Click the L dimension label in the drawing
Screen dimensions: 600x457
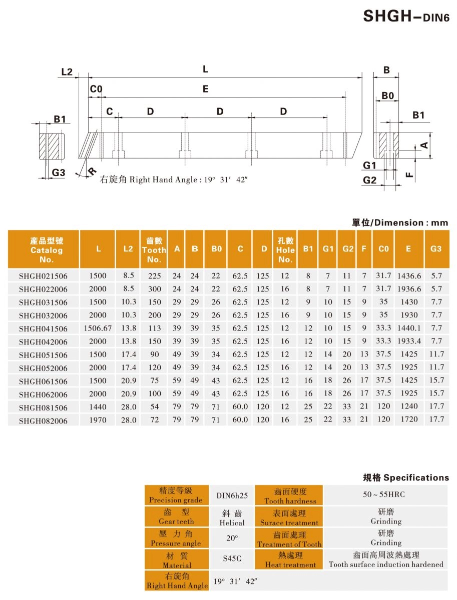pos(205,69)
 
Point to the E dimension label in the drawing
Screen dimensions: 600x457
pos(205,89)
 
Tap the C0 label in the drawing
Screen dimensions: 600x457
pos(96,89)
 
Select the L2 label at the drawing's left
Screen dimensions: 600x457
pos(67,72)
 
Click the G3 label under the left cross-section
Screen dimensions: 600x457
pos(59,172)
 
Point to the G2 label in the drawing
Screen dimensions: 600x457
pos(369,180)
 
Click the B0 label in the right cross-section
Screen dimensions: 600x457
pos(387,95)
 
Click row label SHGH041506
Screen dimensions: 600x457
pos(43,328)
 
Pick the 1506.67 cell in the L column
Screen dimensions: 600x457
pos(98,328)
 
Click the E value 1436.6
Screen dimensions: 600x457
pos(409,275)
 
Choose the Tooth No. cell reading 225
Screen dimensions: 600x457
pos(154,275)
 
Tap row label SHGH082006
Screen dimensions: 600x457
pos(43,420)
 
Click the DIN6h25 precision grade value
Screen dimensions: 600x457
pos(231,495)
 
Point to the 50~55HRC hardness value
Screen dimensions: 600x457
pos(385,494)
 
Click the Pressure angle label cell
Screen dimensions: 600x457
pos(176,538)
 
